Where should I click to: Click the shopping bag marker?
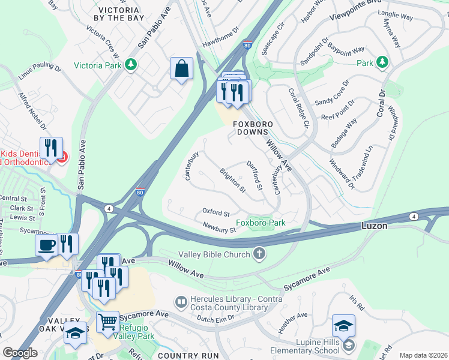click(x=181, y=69)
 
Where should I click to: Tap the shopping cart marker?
click(x=108, y=321)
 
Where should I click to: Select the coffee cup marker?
click(x=47, y=245)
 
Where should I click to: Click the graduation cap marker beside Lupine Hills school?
click(x=343, y=326)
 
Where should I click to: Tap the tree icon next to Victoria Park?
click(x=130, y=64)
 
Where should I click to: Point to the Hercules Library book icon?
click(x=179, y=301)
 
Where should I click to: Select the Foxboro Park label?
click(x=260, y=223)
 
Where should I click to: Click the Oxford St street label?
click(x=216, y=212)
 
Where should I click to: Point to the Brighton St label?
click(x=233, y=181)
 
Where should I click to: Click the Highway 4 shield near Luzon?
click(x=414, y=216)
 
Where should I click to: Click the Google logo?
click(x=20, y=353)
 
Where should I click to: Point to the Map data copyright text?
click(x=423, y=355)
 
